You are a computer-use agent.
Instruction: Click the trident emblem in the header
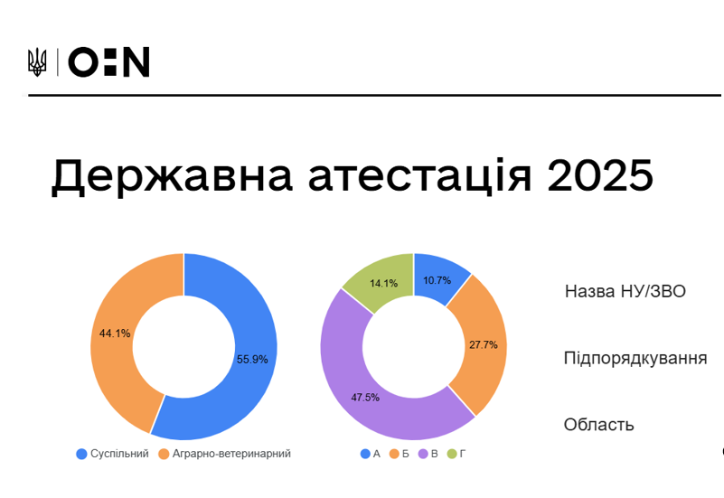[x=37, y=61]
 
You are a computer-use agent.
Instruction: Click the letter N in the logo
[x=137, y=61]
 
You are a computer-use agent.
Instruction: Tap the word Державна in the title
[x=172, y=175]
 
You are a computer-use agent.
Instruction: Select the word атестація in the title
[x=419, y=175]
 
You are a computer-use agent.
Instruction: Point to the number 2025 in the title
[x=600, y=175]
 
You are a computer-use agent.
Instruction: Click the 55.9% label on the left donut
[x=252, y=359]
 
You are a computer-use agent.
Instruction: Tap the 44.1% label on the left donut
[x=115, y=334]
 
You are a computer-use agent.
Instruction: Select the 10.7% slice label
[x=437, y=280]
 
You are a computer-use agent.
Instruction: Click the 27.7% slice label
[x=484, y=344]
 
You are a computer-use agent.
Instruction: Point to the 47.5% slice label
[x=365, y=398]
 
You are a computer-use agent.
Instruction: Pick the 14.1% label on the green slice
[x=384, y=284]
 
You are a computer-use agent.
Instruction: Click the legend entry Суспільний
[x=113, y=454]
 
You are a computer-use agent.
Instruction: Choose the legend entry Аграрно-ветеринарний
[x=225, y=454]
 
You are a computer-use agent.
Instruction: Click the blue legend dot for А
[x=365, y=454]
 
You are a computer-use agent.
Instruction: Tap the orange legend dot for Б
[x=394, y=454]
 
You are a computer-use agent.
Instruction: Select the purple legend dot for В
[x=423, y=454]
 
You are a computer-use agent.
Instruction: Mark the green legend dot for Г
[x=452, y=454]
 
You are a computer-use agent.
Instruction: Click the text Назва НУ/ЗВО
[x=625, y=292]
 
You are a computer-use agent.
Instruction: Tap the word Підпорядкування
[x=635, y=358]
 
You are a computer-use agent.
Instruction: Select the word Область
[x=599, y=425]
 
